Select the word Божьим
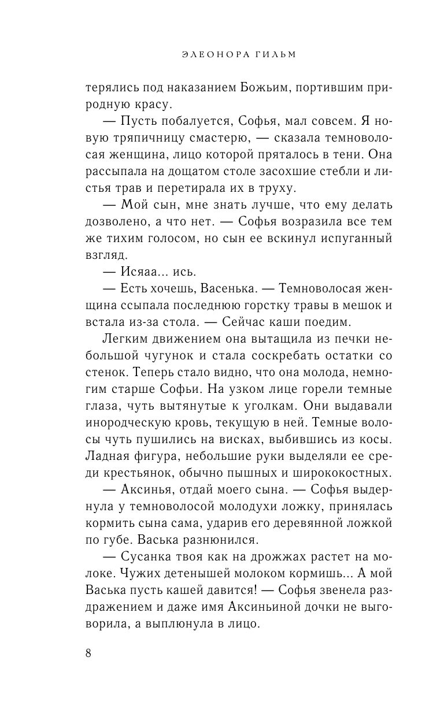pyautogui.click(x=247, y=88)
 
